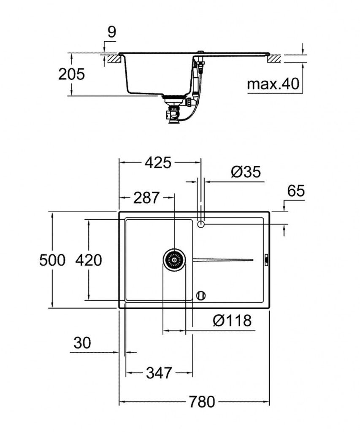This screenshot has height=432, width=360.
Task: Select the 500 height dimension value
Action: pyautogui.click(x=52, y=260)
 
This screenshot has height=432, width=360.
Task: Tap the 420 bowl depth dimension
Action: pyautogui.click(x=89, y=260)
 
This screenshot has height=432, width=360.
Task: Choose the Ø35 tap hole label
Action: pyautogui.click(x=246, y=172)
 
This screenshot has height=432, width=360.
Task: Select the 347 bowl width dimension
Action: pyautogui.click(x=159, y=373)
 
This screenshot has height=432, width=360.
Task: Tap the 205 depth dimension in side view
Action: pyautogui.click(x=71, y=74)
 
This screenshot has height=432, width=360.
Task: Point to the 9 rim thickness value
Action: pyautogui.click(x=111, y=32)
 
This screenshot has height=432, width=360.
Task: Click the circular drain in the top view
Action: pyautogui.click(x=174, y=259)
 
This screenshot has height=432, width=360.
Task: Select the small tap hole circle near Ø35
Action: pyautogui.click(x=201, y=224)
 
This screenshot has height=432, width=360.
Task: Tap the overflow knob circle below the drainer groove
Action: pyautogui.click(x=201, y=295)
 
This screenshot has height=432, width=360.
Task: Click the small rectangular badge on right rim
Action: pyautogui.click(x=266, y=259)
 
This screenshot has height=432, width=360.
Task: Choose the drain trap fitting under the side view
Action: pyautogui.click(x=173, y=112)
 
